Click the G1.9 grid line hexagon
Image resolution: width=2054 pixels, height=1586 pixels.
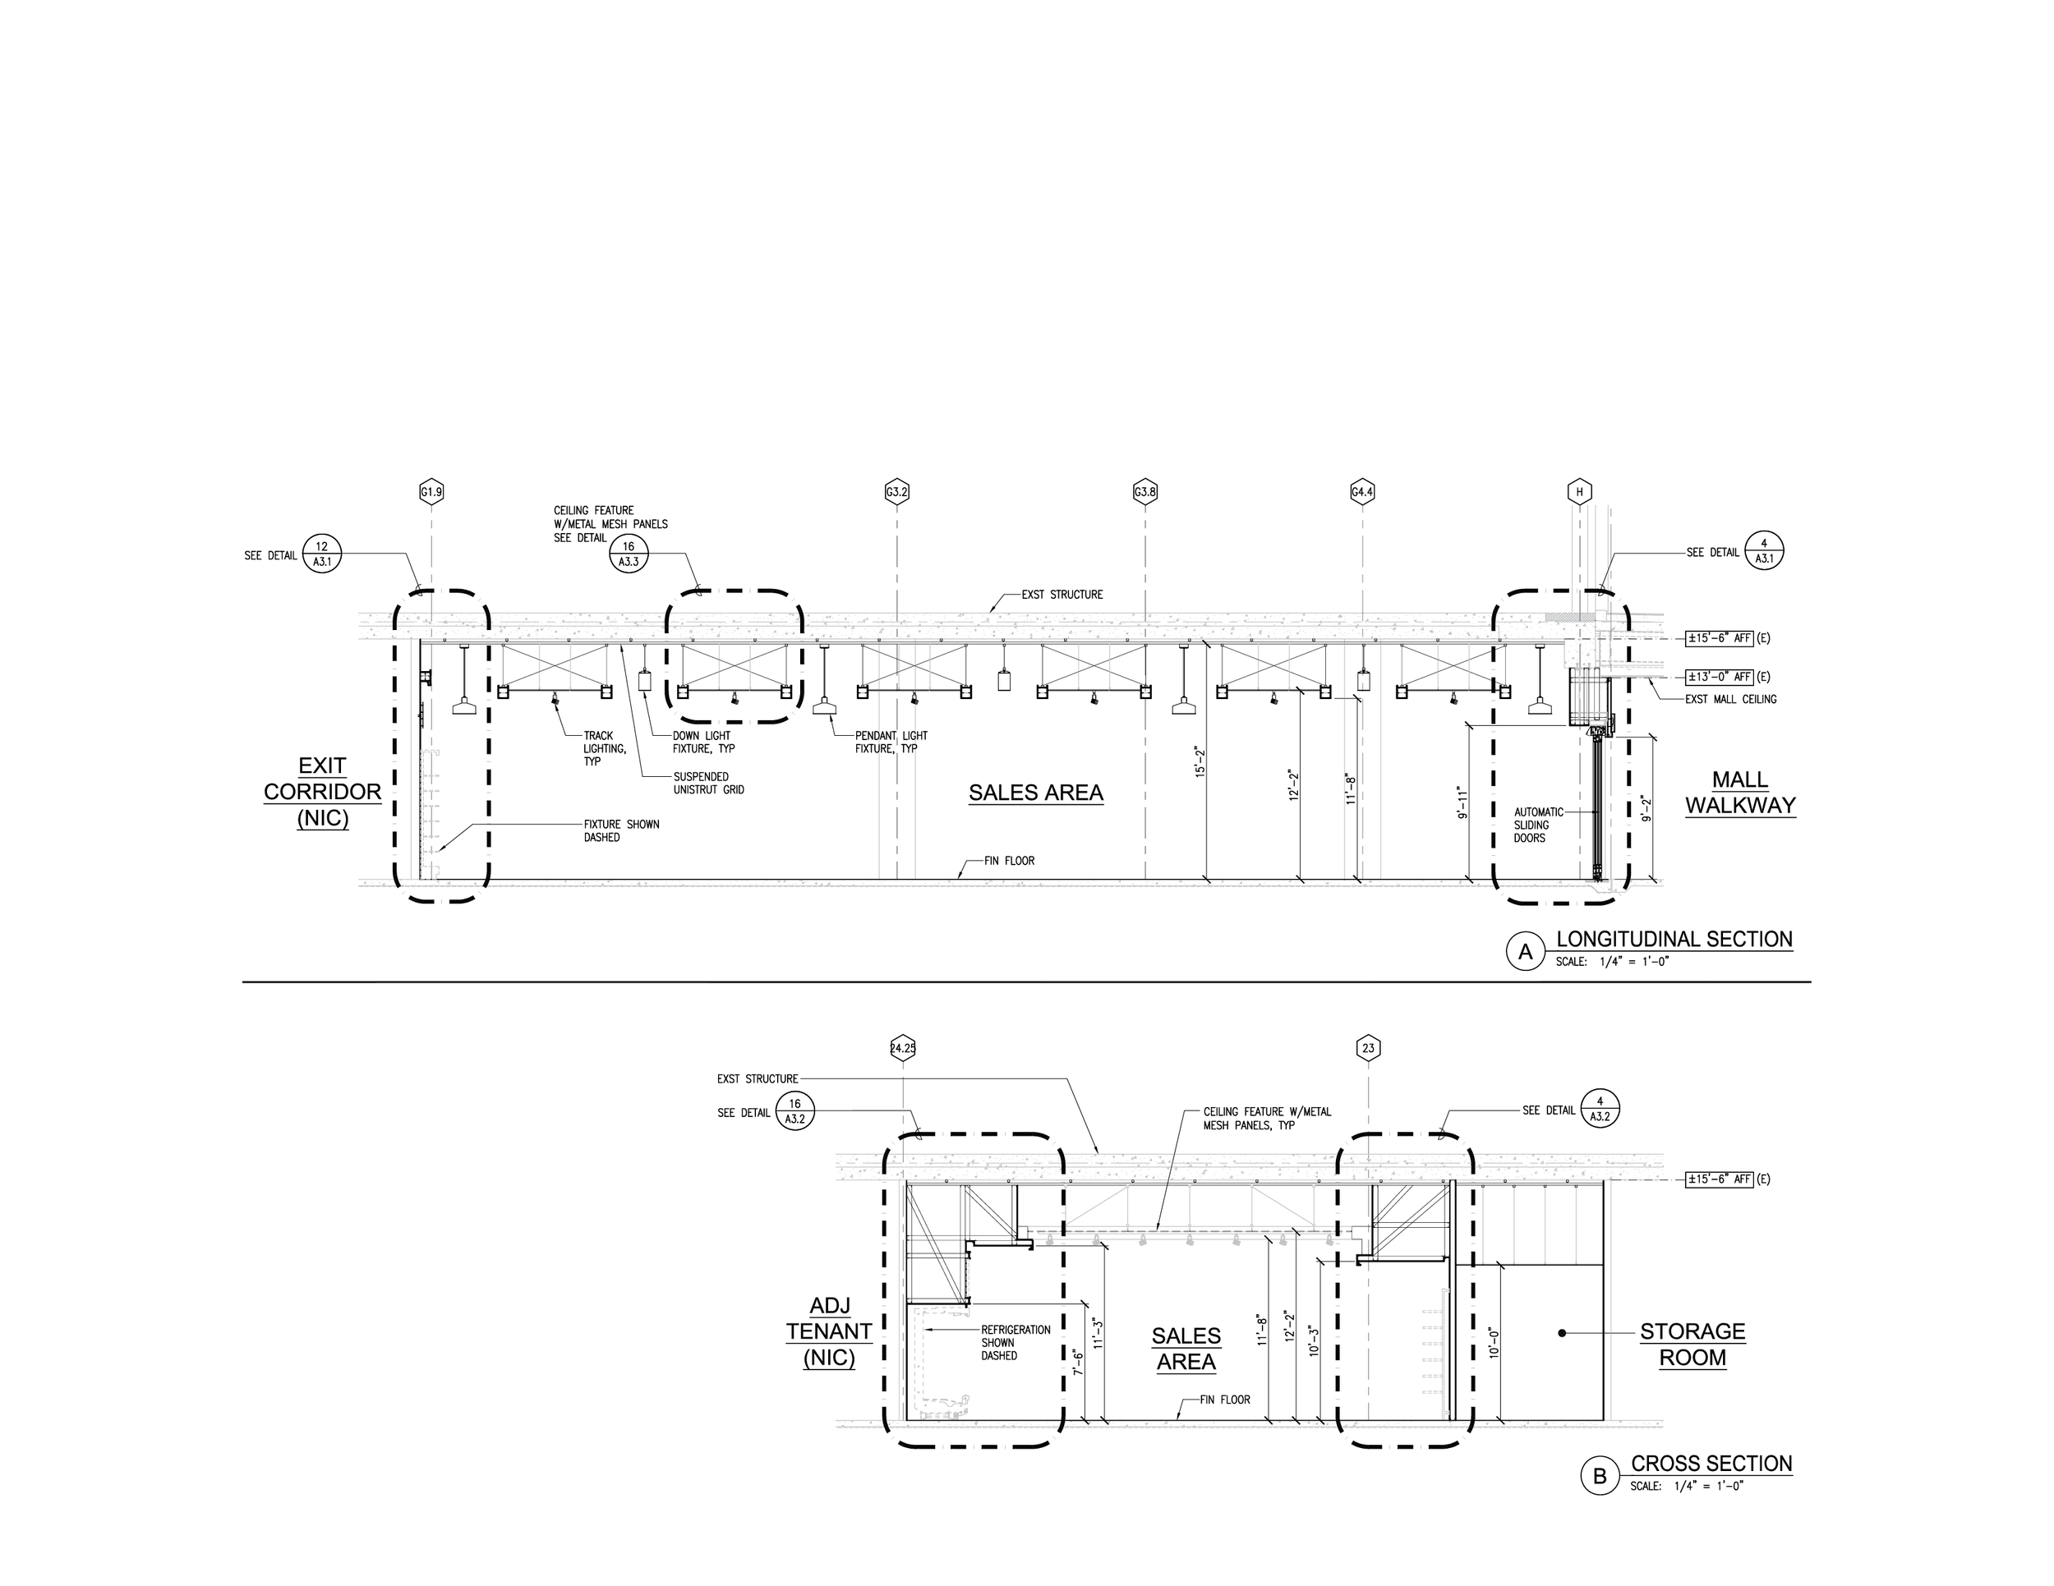coord(431,492)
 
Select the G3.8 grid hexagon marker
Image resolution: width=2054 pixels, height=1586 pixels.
coord(1144,492)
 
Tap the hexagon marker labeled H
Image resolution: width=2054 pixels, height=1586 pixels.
coord(1579,492)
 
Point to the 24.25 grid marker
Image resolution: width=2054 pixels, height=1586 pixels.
coord(903,1048)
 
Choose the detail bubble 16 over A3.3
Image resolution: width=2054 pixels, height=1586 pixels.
coord(629,554)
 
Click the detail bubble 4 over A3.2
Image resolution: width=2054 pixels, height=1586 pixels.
coord(1600,1110)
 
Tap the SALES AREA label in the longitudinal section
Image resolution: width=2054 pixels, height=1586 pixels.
coord(1035,793)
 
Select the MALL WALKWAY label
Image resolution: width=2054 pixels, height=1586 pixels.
coord(1740,793)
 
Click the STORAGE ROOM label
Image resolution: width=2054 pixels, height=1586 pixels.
coord(1692,1345)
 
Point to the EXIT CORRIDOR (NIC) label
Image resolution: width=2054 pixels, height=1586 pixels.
coord(323,792)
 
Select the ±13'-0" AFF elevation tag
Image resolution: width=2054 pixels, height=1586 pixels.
coord(1719,677)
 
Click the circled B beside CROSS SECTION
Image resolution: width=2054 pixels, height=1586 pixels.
coord(1599,1477)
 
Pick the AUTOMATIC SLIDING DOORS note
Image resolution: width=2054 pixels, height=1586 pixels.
coord(1538,825)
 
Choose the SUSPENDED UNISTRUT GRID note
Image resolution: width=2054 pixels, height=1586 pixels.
coord(708,783)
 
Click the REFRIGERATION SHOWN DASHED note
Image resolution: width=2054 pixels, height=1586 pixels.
coord(1015,1343)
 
